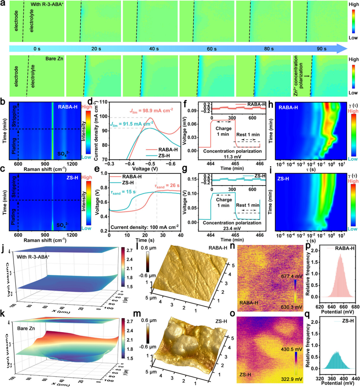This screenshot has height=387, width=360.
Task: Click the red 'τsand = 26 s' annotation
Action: coord(166,186)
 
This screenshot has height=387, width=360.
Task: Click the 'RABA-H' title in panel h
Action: coord(288,108)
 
